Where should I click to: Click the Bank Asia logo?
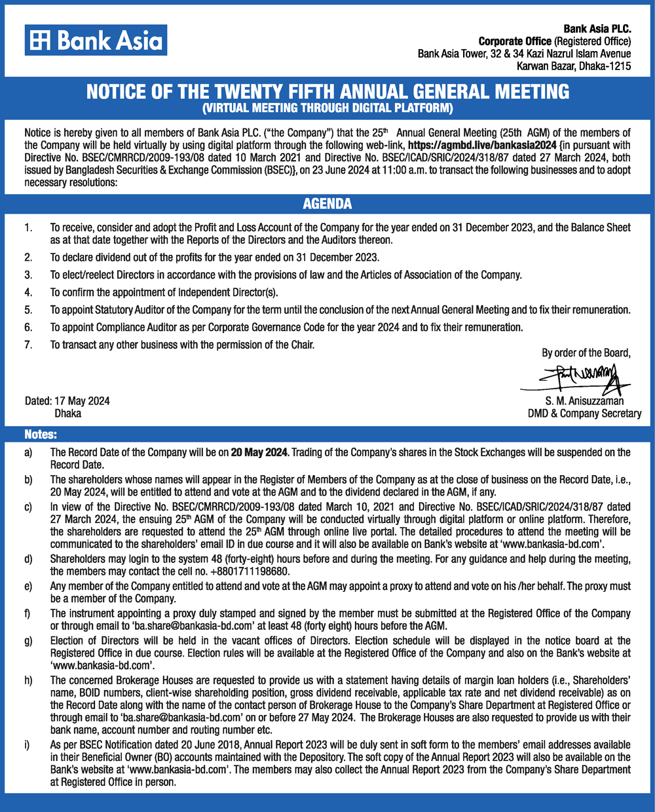[x=96, y=41]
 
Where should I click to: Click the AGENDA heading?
[x=327, y=204]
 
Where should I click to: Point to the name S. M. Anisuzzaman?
[x=584, y=401]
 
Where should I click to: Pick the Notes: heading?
[x=41, y=435]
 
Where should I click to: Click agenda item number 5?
[x=28, y=310]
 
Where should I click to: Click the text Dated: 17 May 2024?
[x=67, y=401]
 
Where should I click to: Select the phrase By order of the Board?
[x=586, y=353]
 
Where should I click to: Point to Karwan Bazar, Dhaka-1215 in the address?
[x=574, y=66]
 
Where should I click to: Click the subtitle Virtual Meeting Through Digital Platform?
[x=327, y=107]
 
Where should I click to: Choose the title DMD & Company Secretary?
[x=584, y=414]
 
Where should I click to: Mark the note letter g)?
[x=28, y=640]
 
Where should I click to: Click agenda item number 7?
[x=28, y=345]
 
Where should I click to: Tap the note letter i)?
[x=28, y=745]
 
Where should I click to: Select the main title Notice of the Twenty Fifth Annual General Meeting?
[x=327, y=91]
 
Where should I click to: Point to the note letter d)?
[x=28, y=559]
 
